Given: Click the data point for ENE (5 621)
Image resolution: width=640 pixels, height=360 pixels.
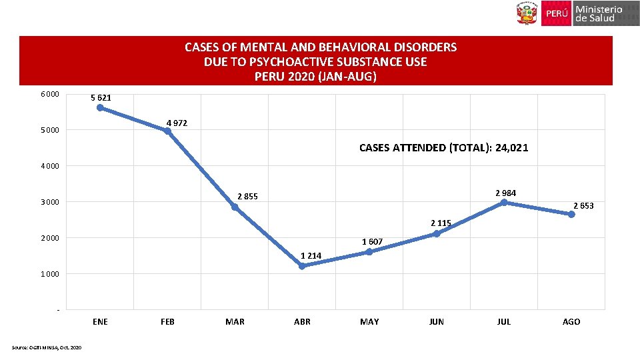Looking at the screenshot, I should [x=100, y=107].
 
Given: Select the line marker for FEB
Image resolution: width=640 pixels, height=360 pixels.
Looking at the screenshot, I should [x=167, y=131].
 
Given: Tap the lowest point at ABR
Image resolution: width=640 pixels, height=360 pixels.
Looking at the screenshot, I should [x=302, y=266].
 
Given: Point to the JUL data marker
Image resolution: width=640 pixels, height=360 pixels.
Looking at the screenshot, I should [x=504, y=202].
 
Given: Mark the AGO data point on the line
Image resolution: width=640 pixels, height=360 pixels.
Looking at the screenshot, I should [x=571, y=214].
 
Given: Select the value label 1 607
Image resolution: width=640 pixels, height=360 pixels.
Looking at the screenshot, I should [x=372, y=241].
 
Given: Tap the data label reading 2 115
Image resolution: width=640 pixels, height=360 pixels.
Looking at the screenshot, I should [x=441, y=223].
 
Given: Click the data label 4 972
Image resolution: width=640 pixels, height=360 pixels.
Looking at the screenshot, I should [x=177, y=123].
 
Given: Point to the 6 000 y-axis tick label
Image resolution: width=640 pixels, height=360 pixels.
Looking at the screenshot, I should [x=50, y=94].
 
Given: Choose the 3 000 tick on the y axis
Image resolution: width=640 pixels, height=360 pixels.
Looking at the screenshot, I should [x=50, y=202].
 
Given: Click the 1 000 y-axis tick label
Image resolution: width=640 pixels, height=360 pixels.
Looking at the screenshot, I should [x=50, y=274].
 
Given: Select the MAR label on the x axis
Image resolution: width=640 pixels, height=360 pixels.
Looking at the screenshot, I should [x=235, y=322].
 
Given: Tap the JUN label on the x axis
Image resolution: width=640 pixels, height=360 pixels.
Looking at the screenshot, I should [x=437, y=322].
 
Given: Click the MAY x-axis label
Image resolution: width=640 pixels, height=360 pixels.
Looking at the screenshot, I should [x=369, y=322].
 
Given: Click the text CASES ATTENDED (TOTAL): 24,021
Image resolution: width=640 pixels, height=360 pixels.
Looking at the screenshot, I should [x=443, y=148].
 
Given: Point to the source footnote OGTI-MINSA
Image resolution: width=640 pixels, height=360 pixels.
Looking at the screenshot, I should [x=47, y=347].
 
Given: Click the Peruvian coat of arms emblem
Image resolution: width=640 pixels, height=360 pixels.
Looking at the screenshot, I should [x=526, y=13].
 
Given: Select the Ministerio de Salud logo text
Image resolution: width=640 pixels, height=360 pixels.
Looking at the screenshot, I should [x=598, y=13].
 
